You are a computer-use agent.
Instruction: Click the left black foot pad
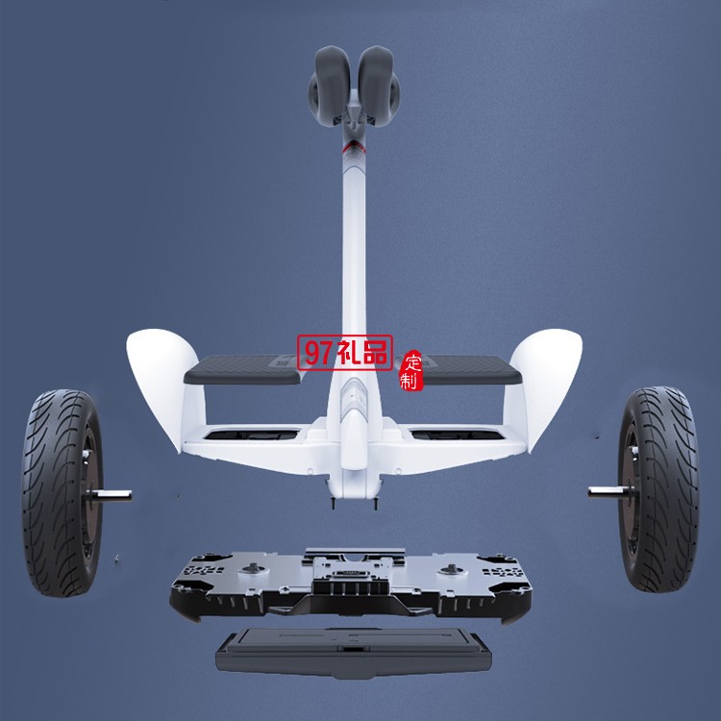tap(243, 369)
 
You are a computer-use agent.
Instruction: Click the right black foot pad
tap(470, 369)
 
